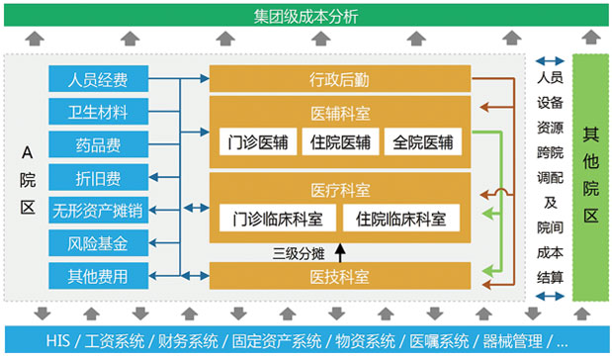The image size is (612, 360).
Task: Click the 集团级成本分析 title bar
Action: click(x=306, y=15)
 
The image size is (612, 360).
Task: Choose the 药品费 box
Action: click(x=98, y=144)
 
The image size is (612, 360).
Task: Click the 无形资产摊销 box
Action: click(x=98, y=210)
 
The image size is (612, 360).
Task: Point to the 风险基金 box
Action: click(x=98, y=242)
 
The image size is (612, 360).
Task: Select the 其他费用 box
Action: click(x=98, y=275)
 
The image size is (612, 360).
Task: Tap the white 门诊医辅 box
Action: click(x=254, y=141)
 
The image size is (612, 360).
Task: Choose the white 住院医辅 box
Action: click(x=339, y=141)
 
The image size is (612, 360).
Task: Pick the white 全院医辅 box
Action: click(x=423, y=141)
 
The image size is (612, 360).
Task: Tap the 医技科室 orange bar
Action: click(x=339, y=276)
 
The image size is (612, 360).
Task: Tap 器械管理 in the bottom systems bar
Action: click(x=514, y=341)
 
